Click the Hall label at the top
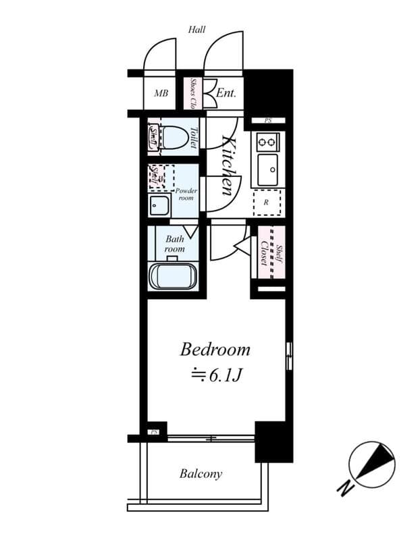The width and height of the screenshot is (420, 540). [197, 29]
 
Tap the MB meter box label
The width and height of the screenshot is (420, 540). [161, 93]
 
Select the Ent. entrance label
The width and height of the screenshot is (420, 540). [226, 93]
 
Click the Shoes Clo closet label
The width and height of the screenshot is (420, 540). [193, 94]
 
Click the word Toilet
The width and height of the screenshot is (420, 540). [193, 138]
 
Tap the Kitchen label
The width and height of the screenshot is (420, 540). [230, 165]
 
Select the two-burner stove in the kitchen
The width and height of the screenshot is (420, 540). [268, 142]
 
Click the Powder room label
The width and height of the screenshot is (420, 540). [186, 194]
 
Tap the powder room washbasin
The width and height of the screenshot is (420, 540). [160, 206]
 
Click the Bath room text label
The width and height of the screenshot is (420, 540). [175, 244]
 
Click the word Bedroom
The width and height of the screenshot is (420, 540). [215, 350]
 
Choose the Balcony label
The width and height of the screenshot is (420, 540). [201, 474]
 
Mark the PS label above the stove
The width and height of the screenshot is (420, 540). [268, 121]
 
